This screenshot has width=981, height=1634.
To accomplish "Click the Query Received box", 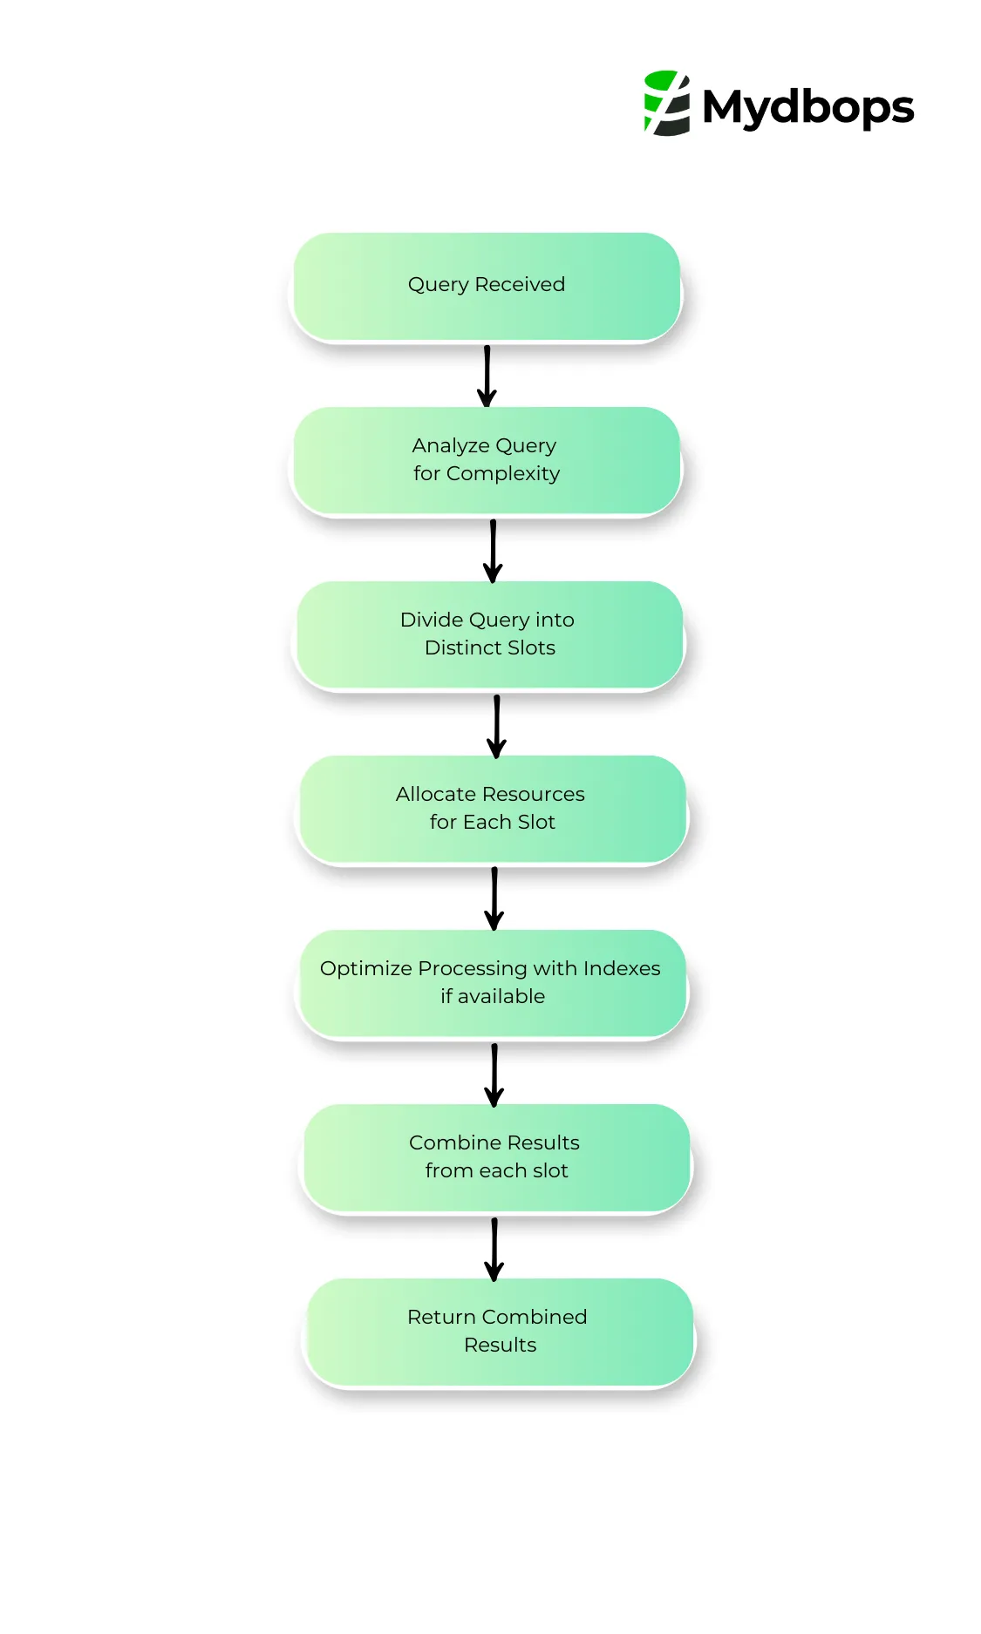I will (x=487, y=286).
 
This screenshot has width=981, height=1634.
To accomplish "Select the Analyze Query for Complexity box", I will (x=487, y=460).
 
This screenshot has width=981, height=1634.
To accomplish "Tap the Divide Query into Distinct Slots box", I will (x=489, y=634).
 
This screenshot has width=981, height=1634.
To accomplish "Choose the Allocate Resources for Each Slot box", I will (x=493, y=809).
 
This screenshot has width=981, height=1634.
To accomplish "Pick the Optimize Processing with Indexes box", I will (x=493, y=983).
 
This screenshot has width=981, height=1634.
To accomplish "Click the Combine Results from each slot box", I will (x=496, y=1157).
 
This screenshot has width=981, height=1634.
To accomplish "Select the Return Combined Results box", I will (x=499, y=1332).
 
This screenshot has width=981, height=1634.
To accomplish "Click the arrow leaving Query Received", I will (x=487, y=376).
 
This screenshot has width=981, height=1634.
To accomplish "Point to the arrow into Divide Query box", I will (x=493, y=551).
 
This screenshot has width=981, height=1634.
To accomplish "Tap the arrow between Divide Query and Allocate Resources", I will (x=496, y=726).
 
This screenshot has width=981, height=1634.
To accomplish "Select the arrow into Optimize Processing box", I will (x=494, y=898).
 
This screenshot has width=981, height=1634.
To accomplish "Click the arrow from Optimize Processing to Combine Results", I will (x=494, y=1075).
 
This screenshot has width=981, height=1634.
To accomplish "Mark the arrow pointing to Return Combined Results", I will (x=494, y=1249).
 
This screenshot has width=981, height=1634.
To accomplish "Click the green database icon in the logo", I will (x=666, y=103).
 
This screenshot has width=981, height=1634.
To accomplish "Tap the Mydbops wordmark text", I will (x=807, y=108).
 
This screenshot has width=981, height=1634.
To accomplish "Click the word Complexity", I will (x=503, y=474).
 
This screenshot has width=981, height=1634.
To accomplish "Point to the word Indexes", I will (x=622, y=968).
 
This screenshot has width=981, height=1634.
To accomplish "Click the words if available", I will (x=493, y=997).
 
